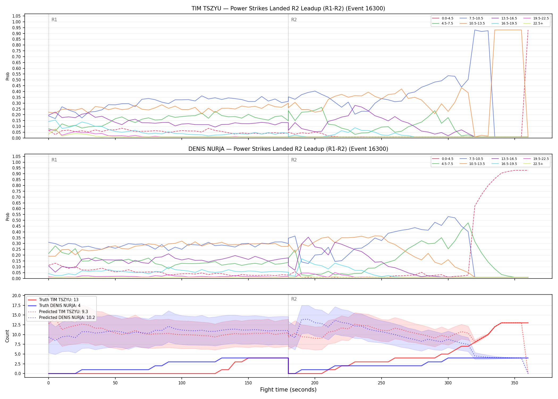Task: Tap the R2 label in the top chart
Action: tap(294, 20)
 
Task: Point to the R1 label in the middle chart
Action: tap(54, 160)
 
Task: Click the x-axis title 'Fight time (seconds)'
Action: tap(288, 390)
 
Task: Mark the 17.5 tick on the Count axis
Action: tap(16, 305)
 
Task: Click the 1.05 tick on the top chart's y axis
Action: tap(16, 16)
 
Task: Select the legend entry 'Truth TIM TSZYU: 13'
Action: tap(53, 300)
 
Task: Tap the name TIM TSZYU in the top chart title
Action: tap(206, 9)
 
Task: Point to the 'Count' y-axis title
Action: tap(7, 336)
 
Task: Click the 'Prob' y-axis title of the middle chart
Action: tap(7, 217)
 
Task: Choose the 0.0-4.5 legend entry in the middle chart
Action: tap(442, 159)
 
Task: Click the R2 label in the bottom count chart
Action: tap(294, 299)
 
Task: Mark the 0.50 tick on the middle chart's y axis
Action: tap(16, 220)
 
